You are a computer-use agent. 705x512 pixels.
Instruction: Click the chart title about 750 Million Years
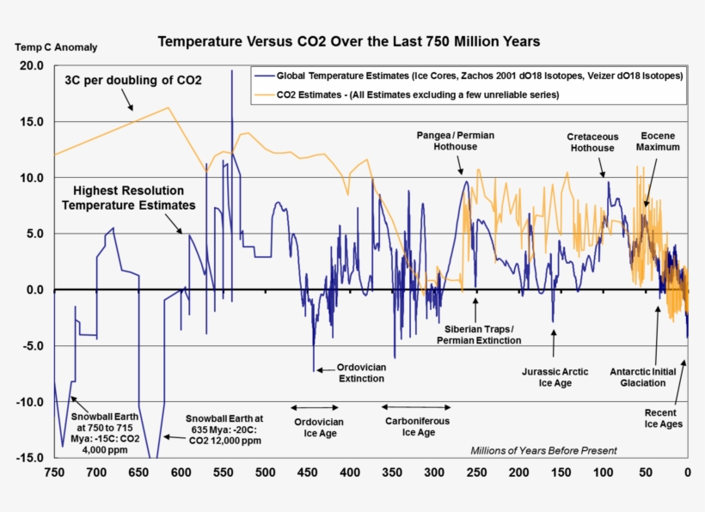[347, 41]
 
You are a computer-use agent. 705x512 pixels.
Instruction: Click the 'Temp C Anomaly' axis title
[56, 47]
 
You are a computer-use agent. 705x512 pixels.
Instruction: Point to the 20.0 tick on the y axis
[32, 66]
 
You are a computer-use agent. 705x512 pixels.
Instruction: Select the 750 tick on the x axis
[53, 472]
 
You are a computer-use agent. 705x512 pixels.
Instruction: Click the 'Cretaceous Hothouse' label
[591, 143]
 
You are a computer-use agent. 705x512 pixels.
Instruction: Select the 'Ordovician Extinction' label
[361, 372]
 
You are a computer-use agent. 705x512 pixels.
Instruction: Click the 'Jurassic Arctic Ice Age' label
[555, 377]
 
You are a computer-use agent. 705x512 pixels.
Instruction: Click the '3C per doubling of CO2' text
[133, 80]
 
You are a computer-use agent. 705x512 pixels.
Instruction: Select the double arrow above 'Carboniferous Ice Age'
[416, 406]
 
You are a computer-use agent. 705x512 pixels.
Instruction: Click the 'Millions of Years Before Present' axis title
[543, 450]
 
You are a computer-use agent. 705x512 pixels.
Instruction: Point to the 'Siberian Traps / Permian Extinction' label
[478, 335]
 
